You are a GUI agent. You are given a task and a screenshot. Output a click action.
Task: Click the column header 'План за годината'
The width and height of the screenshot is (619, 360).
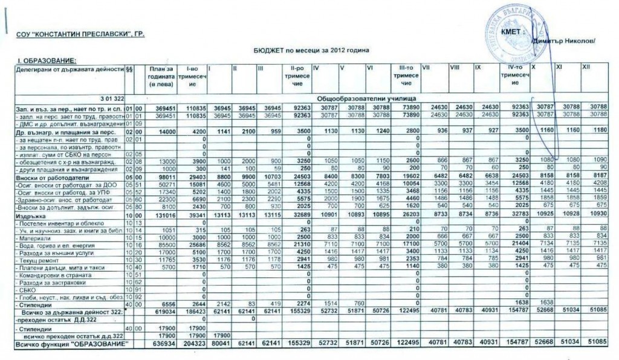pyautogui.click(x=160, y=79)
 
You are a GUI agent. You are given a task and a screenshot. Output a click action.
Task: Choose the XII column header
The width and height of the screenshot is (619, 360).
pyautogui.click(x=585, y=67)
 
